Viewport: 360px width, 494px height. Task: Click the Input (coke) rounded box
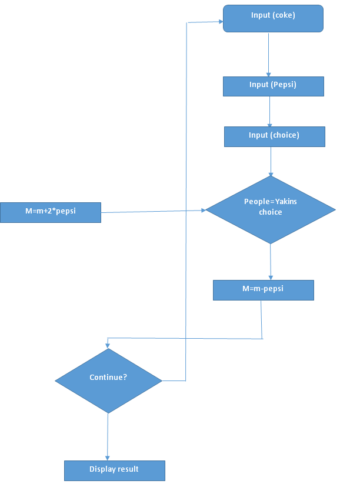pyautogui.click(x=273, y=19)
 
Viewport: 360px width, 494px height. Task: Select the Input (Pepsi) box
pyautogui.click(x=274, y=86)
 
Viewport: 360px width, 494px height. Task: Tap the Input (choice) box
pyautogui.click(x=274, y=136)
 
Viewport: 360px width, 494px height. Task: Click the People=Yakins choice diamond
pyautogui.click(x=270, y=209)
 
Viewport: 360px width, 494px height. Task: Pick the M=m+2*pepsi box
pyautogui.click(x=51, y=212)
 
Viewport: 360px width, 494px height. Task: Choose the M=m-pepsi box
pyautogui.click(x=263, y=290)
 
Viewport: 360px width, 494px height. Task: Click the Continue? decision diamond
pyautogui.click(x=108, y=380)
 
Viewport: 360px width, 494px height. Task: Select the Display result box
pyautogui.click(x=114, y=470)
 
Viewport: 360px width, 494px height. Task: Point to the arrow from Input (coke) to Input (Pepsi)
pyautogui.click(x=269, y=54)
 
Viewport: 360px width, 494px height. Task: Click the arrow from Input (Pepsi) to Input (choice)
pyautogui.click(x=270, y=111)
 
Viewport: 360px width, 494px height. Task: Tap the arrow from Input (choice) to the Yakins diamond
pyautogui.click(x=271, y=161)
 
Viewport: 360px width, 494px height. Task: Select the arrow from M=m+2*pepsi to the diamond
pyautogui.click(x=153, y=211)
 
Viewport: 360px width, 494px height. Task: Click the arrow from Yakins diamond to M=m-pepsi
pyautogui.click(x=271, y=262)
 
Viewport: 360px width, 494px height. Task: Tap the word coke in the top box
pyautogui.click(x=283, y=15)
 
